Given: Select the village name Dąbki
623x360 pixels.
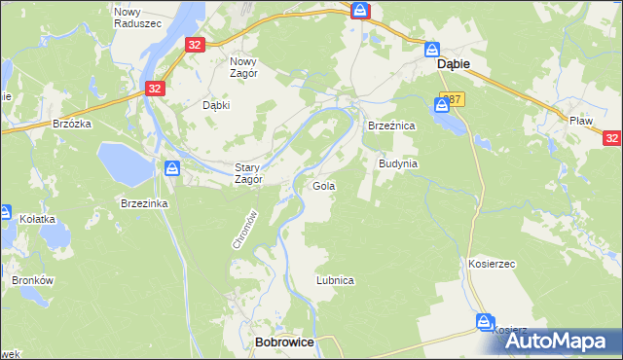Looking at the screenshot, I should coord(215,105).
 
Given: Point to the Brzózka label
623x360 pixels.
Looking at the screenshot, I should coord(72,124).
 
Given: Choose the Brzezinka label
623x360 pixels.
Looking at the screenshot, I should coord(145,202).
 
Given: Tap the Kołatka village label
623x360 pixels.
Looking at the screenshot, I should coord(38,220).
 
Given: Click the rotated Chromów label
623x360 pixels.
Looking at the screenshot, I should coord(243,230).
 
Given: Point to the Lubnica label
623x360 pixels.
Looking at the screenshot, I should coord(334,279).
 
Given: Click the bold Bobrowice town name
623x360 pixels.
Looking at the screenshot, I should coord(283,342).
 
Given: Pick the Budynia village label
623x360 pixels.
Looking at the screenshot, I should coord(398,163).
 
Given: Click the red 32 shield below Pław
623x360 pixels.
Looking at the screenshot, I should coord(611,139).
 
